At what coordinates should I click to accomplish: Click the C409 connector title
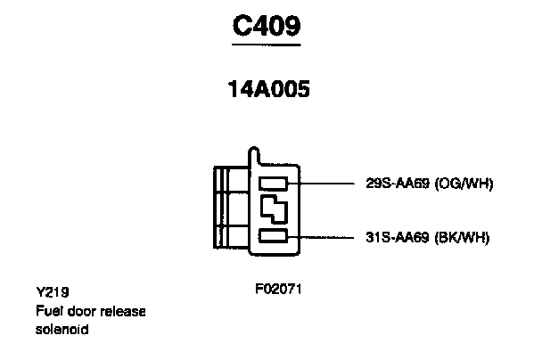coord(267,27)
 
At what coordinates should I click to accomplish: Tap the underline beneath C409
coord(267,45)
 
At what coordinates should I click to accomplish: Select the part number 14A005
coord(267,92)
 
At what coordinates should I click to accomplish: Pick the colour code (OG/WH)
coord(464,184)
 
